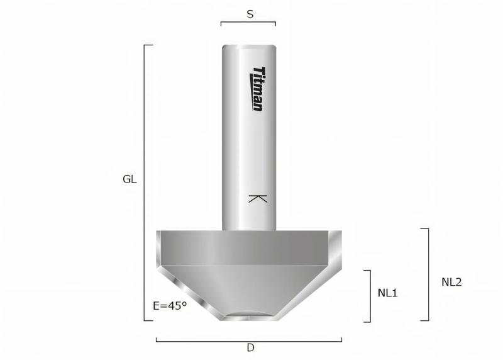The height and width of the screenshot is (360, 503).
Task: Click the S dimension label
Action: click(x=250, y=13)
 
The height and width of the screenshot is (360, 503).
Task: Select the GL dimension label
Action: click(x=130, y=179)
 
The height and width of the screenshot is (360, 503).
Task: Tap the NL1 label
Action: click(x=388, y=293)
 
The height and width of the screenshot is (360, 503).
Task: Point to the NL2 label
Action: click(x=451, y=283)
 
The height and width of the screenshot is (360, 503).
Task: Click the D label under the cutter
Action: click(x=250, y=348)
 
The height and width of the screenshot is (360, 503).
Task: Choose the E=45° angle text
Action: click(x=170, y=306)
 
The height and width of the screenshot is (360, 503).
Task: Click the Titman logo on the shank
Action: click(x=258, y=89)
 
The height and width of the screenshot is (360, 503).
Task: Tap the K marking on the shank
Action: click(x=258, y=199)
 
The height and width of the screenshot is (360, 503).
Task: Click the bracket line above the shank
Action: click(x=248, y=23)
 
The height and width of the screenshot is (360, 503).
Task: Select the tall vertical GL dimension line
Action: click(x=145, y=183)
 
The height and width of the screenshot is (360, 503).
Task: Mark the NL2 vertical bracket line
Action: click(x=429, y=274)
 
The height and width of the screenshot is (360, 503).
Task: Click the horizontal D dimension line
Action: click(x=249, y=339)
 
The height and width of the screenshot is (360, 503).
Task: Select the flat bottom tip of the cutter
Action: click(x=249, y=318)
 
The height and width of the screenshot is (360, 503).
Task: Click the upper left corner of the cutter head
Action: click(x=158, y=232)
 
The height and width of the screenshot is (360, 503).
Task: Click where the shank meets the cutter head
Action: click(x=248, y=230)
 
